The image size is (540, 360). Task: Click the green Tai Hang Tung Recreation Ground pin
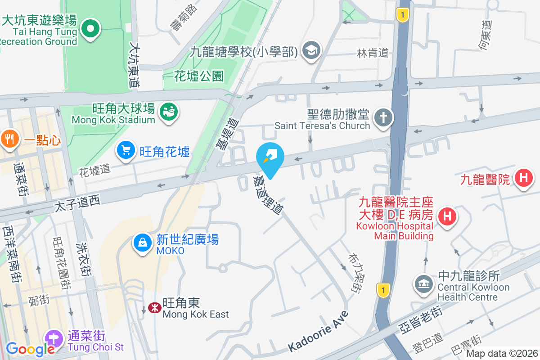(x=90, y=29)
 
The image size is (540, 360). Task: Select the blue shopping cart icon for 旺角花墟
(x=126, y=150)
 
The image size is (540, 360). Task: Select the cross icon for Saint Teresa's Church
(x=384, y=118)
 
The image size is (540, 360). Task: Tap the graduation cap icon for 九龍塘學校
(x=310, y=50)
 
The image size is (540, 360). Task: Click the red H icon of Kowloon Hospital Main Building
(x=447, y=216)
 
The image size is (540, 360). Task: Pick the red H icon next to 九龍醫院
(x=523, y=178)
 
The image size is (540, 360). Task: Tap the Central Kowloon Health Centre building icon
(x=423, y=284)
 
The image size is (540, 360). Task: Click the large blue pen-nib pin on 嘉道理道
(x=270, y=158)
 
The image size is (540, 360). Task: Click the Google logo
(x=30, y=349)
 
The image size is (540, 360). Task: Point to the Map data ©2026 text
(x=502, y=354)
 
